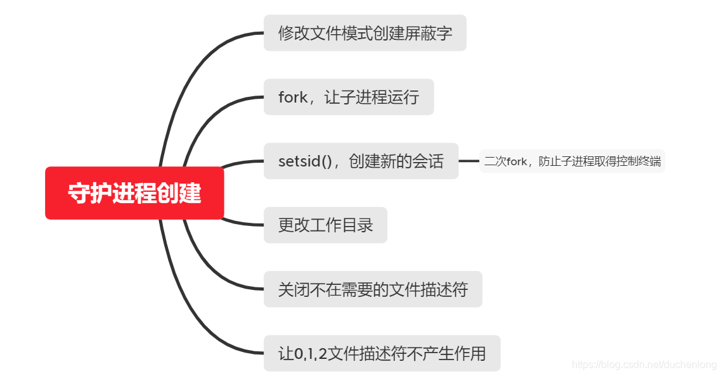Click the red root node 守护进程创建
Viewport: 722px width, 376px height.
point(134,193)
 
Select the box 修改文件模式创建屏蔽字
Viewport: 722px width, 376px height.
point(364,33)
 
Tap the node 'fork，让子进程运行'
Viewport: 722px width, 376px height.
point(349,97)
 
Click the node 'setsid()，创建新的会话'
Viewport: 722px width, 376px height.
point(361,161)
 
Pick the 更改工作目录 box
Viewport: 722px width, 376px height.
point(325,225)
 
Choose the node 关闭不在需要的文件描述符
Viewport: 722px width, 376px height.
point(373,289)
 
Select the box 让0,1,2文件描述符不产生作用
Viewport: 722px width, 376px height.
point(382,353)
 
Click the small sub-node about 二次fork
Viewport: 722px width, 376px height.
point(572,161)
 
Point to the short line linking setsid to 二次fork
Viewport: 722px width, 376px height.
point(468,161)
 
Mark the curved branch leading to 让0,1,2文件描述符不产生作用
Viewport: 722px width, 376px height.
point(190,316)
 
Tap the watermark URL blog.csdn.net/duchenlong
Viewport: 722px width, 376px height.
point(644,365)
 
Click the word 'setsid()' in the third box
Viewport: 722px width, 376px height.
point(305,161)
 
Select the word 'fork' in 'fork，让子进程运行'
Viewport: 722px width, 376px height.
point(293,97)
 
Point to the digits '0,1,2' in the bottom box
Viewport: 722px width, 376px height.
point(311,353)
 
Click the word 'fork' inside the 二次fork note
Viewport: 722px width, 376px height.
point(517,161)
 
